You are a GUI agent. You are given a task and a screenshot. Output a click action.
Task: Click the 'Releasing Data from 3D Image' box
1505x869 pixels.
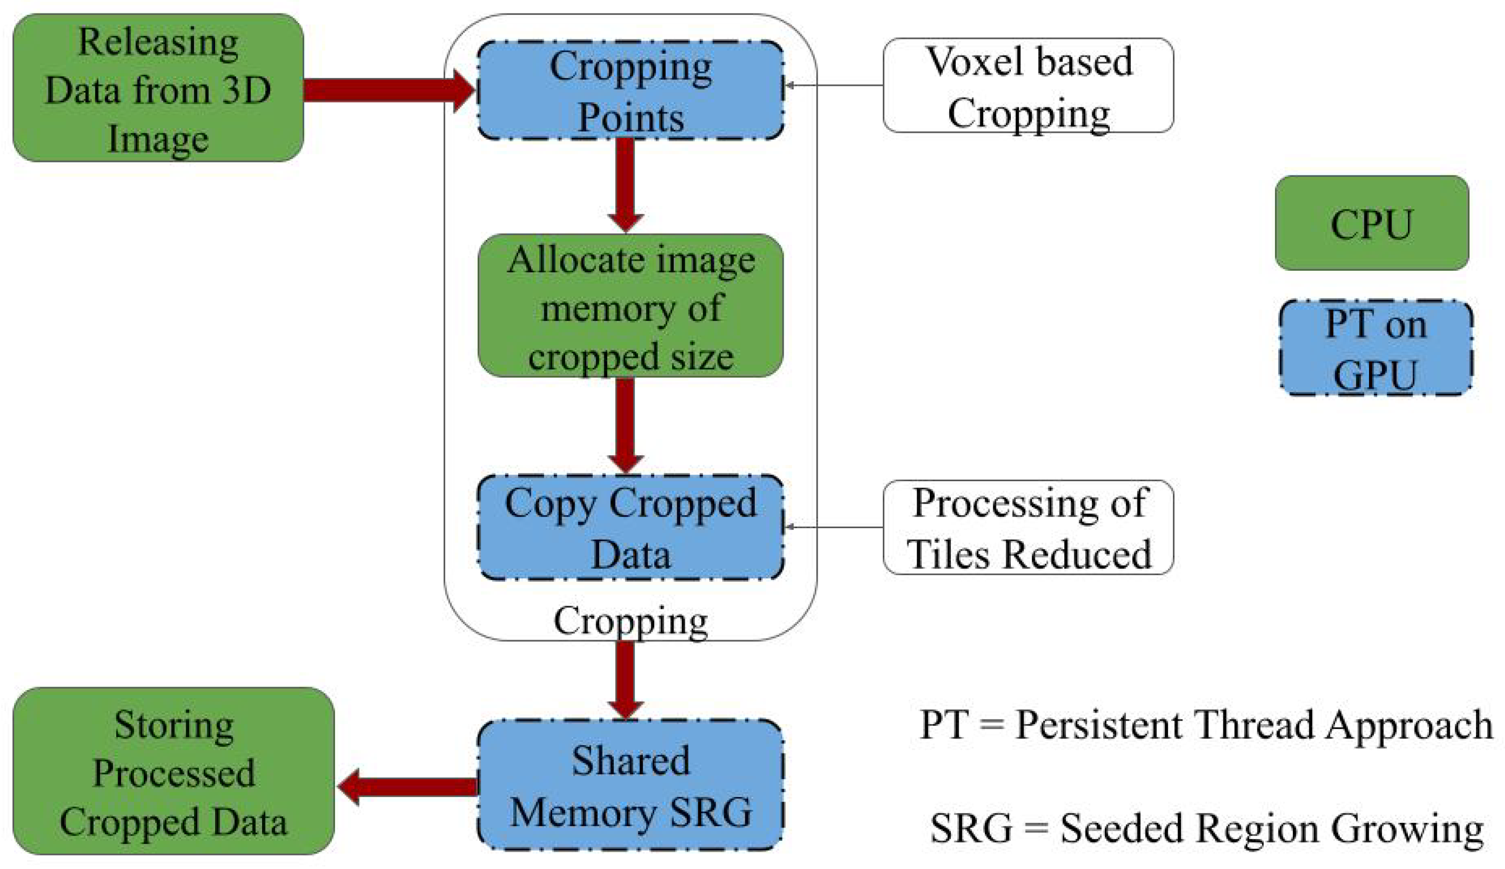[158, 88]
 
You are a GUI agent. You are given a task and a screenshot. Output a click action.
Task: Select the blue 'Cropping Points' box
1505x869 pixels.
[630, 91]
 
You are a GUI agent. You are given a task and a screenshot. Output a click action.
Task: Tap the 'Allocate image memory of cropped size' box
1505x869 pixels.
[630, 306]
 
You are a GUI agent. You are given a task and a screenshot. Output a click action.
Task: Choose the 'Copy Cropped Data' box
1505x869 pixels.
[630, 528]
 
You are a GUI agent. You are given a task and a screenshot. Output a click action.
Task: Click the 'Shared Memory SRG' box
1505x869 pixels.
[630, 786]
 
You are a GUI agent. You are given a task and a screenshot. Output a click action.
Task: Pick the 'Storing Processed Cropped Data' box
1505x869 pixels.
[173, 771]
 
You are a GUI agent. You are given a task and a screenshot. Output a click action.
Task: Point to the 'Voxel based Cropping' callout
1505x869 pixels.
[1028, 85]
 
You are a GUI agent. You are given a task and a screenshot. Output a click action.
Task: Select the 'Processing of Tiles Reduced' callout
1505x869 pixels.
[1028, 528]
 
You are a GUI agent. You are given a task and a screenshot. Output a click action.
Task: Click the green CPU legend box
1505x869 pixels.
[1371, 223]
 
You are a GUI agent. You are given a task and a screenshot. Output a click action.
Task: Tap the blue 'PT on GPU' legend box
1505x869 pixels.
[1375, 349]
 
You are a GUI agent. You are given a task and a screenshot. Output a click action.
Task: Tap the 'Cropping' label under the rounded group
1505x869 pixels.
[630, 621]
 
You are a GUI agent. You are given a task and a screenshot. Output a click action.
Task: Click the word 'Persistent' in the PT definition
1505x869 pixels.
[1099, 725]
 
